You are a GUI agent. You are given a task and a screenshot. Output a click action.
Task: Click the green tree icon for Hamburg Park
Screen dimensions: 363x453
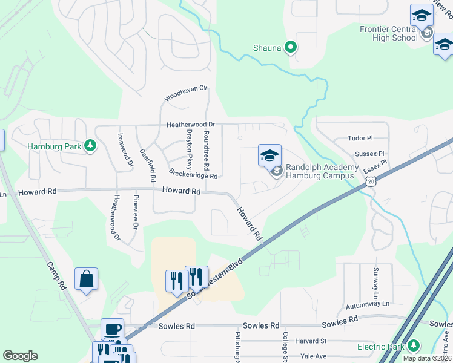click(x=90, y=146)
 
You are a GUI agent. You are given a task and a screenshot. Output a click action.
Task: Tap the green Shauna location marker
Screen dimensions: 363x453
click(x=291, y=47)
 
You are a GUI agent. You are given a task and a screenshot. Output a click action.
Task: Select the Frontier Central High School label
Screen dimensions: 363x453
click(x=388, y=33)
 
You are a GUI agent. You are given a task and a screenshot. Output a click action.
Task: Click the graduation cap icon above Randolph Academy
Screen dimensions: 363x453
click(x=269, y=156)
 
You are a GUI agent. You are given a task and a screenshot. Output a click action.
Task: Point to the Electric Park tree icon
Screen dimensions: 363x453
click(x=414, y=346)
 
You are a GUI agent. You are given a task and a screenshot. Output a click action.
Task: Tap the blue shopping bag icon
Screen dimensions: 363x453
click(x=86, y=279)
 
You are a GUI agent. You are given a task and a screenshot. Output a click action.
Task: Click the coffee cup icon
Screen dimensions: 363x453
click(x=112, y=330)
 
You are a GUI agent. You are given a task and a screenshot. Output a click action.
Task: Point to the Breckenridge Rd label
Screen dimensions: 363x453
click(x=193, y=174)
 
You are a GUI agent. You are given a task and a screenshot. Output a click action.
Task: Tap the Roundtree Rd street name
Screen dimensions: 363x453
click(x=207, y=149)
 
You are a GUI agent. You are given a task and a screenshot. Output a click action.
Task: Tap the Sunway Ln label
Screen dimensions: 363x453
click(x=376, y=278)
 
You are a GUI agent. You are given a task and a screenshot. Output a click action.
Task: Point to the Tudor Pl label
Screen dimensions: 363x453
click(x=360, y=139)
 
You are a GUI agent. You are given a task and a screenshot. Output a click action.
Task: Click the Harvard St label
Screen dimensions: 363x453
click(x=311, y=341)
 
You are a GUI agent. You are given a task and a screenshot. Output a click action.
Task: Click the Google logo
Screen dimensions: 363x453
click(x=20, y=356)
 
